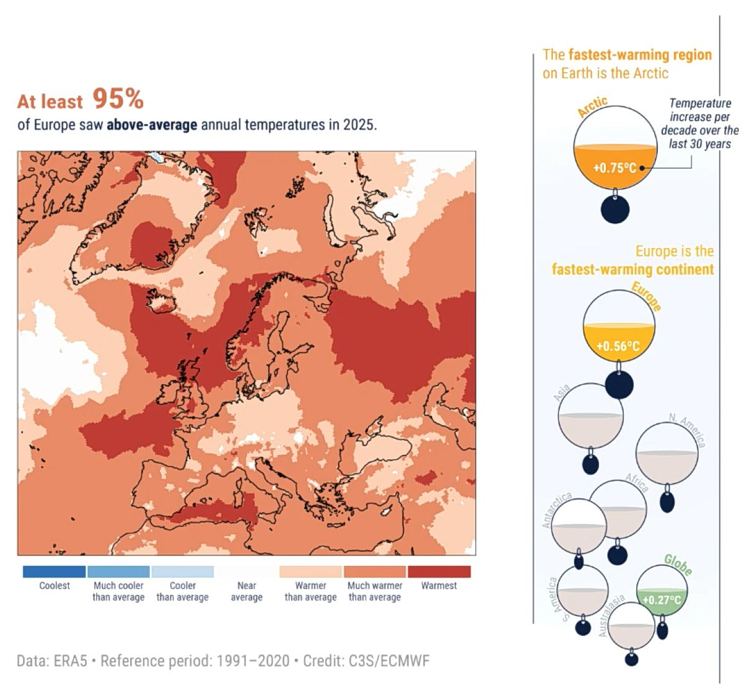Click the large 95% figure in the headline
pos(118,99)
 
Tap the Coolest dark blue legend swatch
pos(54,571)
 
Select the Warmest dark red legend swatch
pos(439,571)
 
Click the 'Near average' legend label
pos(247,591)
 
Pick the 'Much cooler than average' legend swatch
pos(118,571)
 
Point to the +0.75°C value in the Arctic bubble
pos(615,168)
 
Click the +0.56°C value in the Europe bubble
pos(618,346)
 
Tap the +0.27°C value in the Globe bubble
pos(662,600)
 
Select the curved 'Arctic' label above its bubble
pos(592,107)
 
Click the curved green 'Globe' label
pos(678,565)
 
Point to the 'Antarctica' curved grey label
pos(556,511)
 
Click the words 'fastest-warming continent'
pos(632,270)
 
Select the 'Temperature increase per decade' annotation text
pos(700,123)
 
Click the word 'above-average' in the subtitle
pos(152,125)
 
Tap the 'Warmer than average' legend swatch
pos(310,571)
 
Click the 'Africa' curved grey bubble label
pos(636,482)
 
